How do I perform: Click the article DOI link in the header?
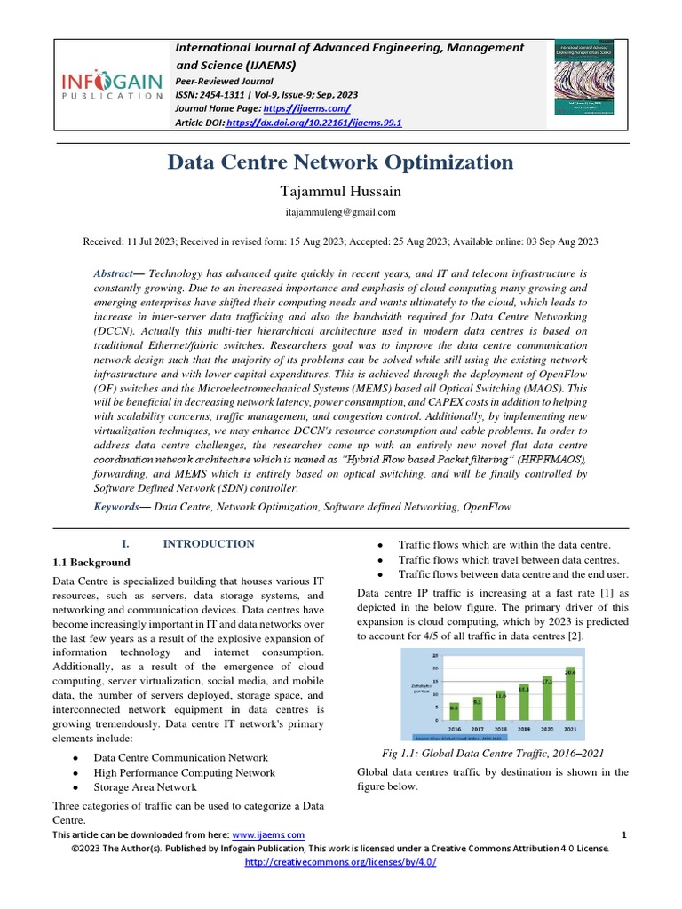click(313, 123)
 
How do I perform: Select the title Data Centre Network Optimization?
click(341, 162)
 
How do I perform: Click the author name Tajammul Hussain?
click(341, 191)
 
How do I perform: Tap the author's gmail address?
click(341, 213)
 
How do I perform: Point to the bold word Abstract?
click(113, 275)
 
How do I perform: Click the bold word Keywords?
click(122, 506)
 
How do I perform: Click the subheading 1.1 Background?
click(91, 563)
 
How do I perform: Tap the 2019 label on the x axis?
click(523, 730)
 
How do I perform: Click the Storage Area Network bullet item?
click(145, 787)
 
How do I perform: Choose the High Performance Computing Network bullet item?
click(184, 772)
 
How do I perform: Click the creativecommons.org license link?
click(340, 862)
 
